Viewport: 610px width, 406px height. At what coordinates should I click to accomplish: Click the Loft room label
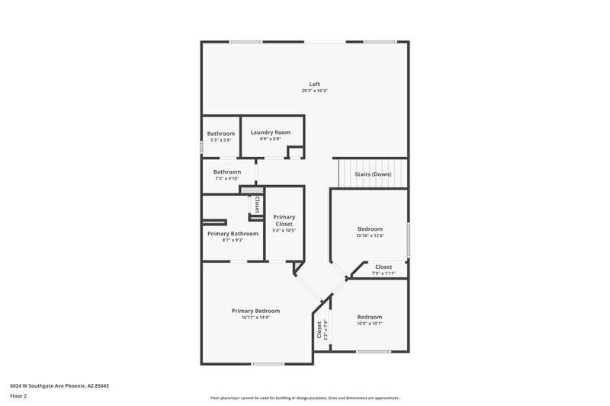tap(314, 84)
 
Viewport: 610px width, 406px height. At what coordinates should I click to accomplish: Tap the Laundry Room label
tap(270, 132)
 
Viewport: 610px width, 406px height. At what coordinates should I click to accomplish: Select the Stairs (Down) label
tap(374, 174)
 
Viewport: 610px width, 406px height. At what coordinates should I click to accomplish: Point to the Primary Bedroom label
tap(255, 311)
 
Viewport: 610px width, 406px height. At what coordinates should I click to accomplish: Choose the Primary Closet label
tap(284, 220)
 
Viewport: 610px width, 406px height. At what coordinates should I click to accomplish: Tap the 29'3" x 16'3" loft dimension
tap(314, 91)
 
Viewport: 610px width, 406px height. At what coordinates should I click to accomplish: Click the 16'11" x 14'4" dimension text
tap(255, 318)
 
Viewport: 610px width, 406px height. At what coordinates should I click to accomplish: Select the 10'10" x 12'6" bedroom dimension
tap(370, 235)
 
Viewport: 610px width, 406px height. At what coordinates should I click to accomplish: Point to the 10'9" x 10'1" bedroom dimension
tap(370, 324)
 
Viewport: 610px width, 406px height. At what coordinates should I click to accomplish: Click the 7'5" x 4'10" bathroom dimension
tap(227, 179)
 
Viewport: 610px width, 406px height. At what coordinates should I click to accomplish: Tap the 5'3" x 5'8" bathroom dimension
tap(221, 140)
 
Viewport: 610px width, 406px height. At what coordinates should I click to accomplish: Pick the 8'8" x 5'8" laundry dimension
tap(270, 139)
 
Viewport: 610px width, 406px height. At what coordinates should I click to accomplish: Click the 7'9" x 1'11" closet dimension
tap(383, 273)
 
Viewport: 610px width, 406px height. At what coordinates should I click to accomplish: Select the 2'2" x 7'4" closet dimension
tap(326, 329)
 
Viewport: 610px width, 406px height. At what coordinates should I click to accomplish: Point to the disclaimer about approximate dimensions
tap(304, 398)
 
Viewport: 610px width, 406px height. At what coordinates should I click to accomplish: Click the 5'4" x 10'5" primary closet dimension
tap(284, 231)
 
